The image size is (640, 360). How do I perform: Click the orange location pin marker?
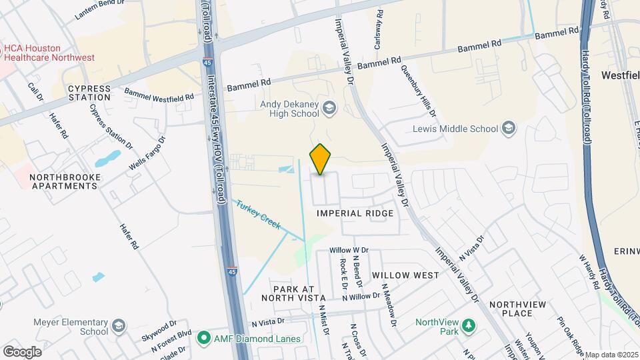[x=321, y=159]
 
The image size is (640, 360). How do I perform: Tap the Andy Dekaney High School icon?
[x=329, y=107]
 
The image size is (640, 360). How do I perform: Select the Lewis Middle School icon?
[x=509, y=128]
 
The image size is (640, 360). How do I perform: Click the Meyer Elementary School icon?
[x=118, y=326]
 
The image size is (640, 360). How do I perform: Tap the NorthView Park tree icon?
[x=469, y=325]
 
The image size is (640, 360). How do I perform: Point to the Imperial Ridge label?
[x=355, y=213]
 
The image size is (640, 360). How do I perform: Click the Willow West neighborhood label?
[x=405, y=275]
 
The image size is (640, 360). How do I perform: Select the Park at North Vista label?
[x=299, y=293]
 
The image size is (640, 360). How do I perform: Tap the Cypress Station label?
[x=89, y=93]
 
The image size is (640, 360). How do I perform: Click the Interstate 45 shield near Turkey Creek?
[x=231, y=271]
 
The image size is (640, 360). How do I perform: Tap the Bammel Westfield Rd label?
[x=159, y=95]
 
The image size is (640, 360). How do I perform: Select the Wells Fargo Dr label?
[x=147, y=153]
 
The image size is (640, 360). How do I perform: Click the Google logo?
[x=22, y=351]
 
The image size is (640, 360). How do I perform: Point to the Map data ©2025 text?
[x=611, y=355]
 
